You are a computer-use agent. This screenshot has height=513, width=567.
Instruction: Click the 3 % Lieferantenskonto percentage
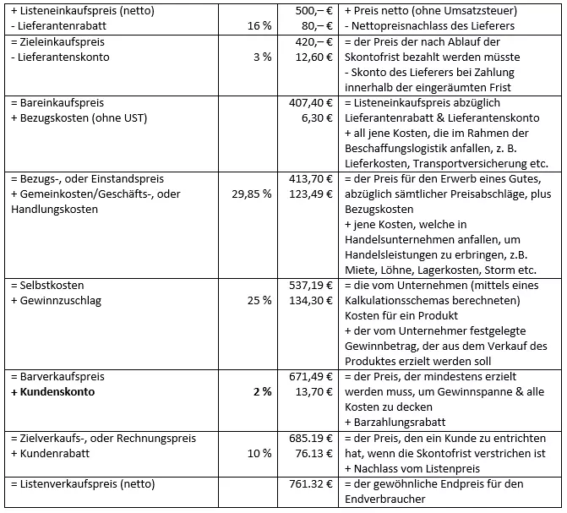[x=261, y=57]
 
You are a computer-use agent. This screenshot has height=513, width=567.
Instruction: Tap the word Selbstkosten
[x=52, y=285]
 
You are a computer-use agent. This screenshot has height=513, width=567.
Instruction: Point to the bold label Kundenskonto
[x=57, y=391]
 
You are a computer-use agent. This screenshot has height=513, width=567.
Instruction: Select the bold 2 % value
[x=261, y=391]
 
